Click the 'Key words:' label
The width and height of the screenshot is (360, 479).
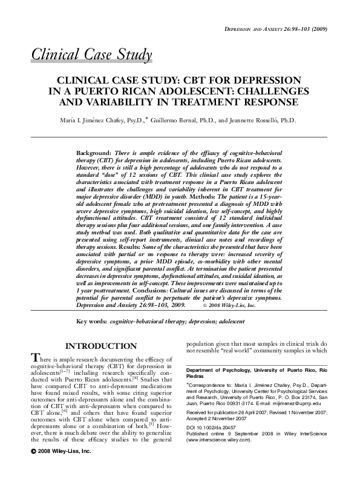93,323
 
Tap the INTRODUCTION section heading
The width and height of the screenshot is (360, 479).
100,346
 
